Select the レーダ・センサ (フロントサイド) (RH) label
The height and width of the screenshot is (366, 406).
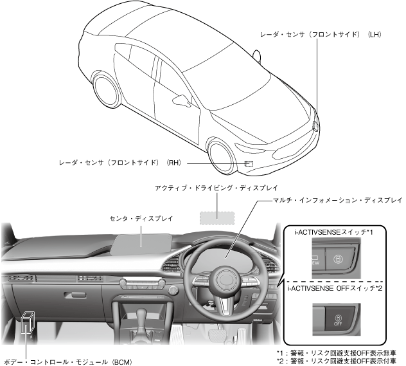click(119, 163)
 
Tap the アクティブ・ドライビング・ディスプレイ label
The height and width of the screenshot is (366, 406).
click(216, 188)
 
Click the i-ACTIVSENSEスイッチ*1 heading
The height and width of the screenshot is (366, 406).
click(328, 230)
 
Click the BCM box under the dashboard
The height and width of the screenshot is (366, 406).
click(28, 325)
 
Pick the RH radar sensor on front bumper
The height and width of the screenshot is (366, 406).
click(249, 163)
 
